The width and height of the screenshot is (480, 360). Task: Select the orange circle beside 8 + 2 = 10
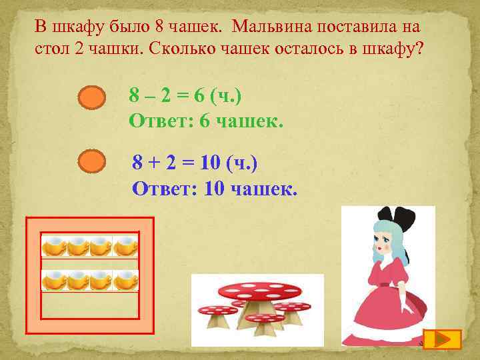click(x=92, y=161)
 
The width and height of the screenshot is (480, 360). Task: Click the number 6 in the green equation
click(x=198, y=97)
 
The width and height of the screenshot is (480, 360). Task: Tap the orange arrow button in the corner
click(x=442, y=339)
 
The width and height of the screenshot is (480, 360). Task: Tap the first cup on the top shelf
click(x=54, y=247)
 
